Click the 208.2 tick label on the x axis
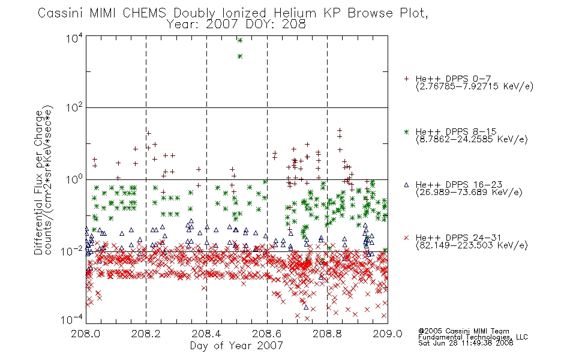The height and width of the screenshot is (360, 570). (x=146, y=334)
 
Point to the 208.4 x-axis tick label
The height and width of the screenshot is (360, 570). (x=206, y=334)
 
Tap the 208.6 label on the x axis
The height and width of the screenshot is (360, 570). (x=266, y=334)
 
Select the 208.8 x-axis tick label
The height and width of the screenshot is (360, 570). (x=327, y=334)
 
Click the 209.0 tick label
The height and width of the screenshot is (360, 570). (x=388, y=334)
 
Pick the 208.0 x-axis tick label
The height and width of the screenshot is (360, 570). (x=85, y=334)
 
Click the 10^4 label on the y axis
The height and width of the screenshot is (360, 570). (x=74, y=38)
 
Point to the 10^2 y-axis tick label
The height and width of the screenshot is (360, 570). (x=74, y=107)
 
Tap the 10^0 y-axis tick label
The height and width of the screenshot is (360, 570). (x=74, y=179)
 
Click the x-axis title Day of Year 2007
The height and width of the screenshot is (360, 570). (x=236, y=346)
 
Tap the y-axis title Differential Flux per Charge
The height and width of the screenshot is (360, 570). (x=38, y=183)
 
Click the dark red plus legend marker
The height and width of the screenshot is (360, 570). (x=406, y=79)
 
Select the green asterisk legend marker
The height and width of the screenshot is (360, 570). (x=406, y=131)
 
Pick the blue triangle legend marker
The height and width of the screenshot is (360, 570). (x=406, y=185)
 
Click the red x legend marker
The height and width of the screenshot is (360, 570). (x=406, y=238)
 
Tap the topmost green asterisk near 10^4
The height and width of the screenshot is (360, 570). (x=240, y=40)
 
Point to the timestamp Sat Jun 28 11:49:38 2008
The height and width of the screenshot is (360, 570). (x=466, y=343)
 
